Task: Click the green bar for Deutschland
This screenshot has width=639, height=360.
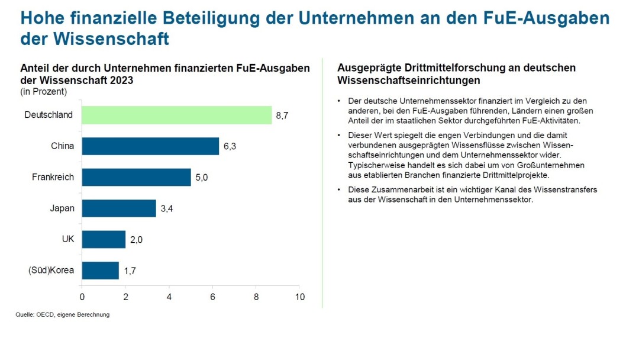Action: pos(176,115)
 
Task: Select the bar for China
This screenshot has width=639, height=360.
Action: pos(150,146)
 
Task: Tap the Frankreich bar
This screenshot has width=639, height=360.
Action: pos(136,177)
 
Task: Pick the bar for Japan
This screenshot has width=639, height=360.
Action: pos(118,208)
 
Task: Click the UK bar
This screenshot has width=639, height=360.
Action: pos(104,239)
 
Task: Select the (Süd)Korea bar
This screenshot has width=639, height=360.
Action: pos(100,271)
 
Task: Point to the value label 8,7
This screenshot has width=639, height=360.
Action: pos(282,115)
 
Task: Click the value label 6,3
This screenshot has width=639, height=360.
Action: pos(230,146)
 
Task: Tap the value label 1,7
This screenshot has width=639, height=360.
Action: pos(129,271)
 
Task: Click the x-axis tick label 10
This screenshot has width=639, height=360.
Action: pos(300,297)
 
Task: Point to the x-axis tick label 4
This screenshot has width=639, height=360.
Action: pos(169,297)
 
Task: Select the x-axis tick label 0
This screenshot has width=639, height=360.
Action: pos(82,297)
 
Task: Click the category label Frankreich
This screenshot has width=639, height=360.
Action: pos(53,177)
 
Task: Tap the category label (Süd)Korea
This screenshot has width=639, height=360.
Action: pos(51,271)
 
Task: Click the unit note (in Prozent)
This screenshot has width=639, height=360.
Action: pos(44,92)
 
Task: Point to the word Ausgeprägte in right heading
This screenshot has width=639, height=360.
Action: pos(364,68)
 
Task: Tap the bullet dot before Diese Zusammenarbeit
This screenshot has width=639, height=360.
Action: pos(339,190)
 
